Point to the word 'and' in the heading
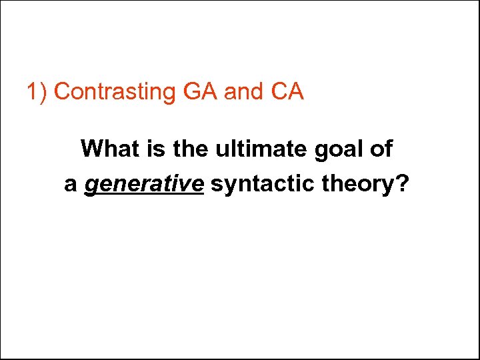[x=244, y=91]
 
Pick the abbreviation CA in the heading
[x=287, y=91]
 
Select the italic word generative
[x=143, y=184]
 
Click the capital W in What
[x=91, y=149]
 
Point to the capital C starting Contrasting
[x=61, y=91]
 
